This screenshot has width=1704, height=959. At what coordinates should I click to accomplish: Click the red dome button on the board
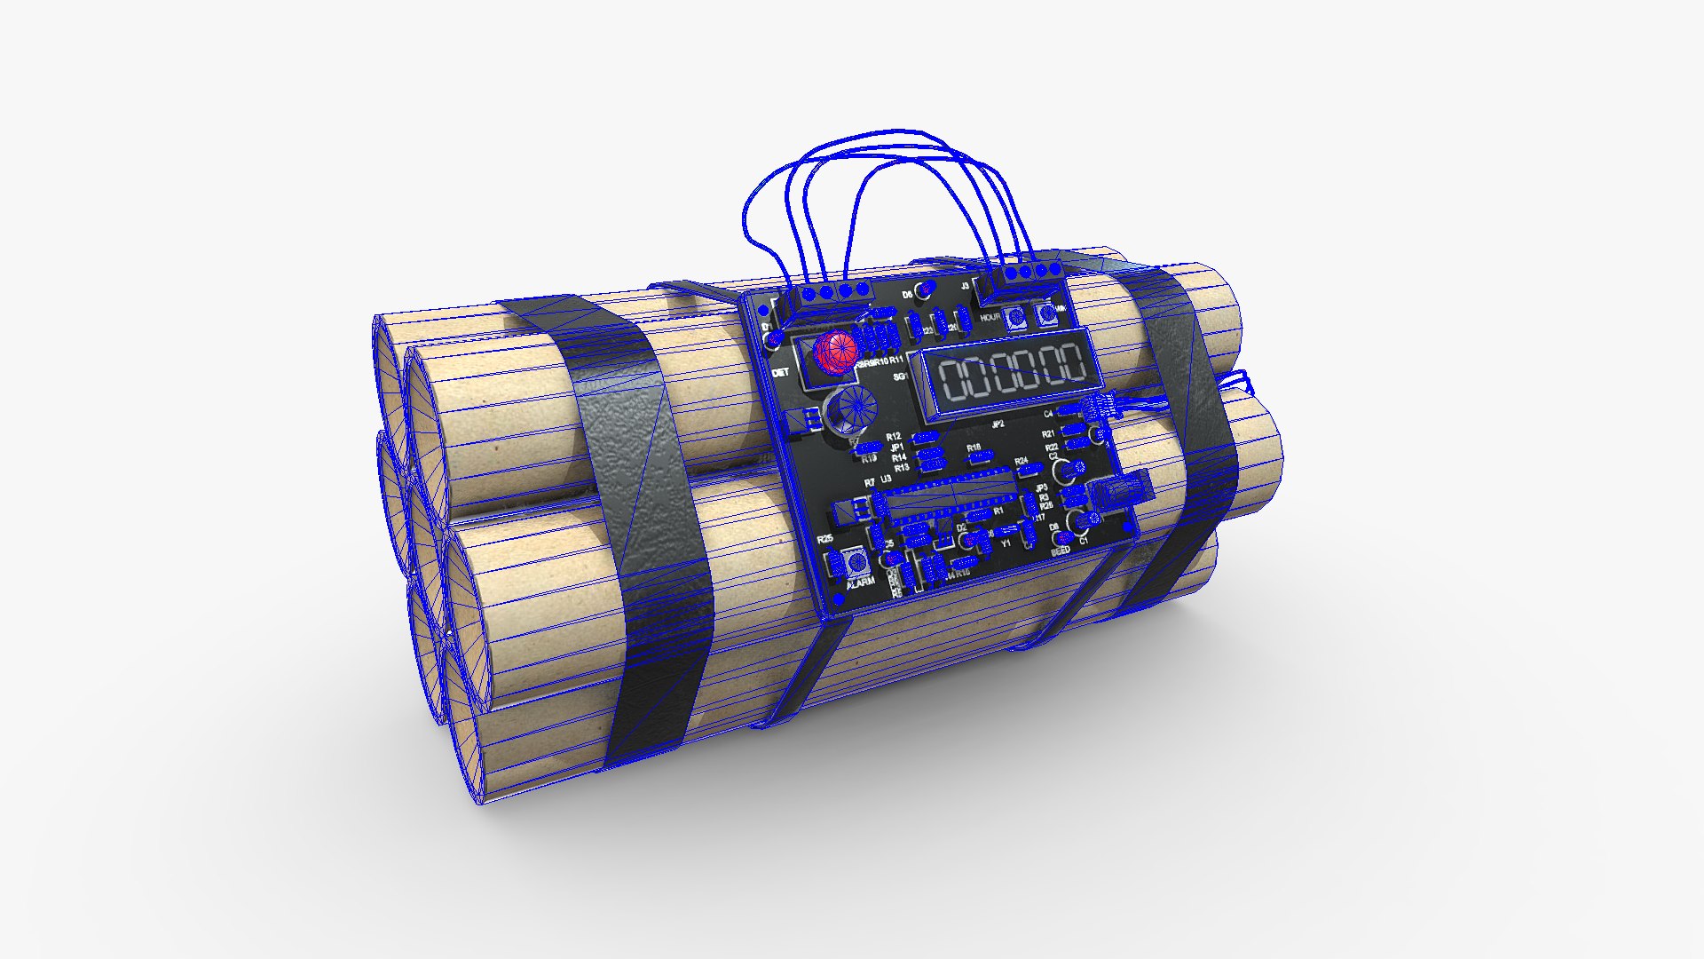(x=835, y=352)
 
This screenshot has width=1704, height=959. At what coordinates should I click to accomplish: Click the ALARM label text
(x=861, y=582)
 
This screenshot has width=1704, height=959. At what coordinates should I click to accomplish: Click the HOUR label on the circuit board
(x=990, y=317)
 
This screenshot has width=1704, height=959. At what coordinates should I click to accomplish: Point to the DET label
(x=780, y=373)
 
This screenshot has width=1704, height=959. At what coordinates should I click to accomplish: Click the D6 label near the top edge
(x=907, y=295)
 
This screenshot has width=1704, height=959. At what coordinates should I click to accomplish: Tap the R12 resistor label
(x=893, y=437)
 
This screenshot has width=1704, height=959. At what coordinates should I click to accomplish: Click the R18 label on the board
(x=974, y=448)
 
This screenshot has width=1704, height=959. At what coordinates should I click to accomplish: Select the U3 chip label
(x=886, y=479)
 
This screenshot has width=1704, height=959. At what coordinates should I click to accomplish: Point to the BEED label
(x=1061, y=551)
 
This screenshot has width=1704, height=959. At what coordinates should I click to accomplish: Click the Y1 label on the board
(x=1006, y=543)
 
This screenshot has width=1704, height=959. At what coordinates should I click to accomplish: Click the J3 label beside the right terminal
(x=965, y=286)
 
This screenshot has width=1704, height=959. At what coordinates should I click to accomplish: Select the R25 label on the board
(x=825, y=539)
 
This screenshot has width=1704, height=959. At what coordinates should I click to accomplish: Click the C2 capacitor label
(x=1053, y=456)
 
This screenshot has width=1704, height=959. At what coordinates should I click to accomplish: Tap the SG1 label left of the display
(x=900, y=376)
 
